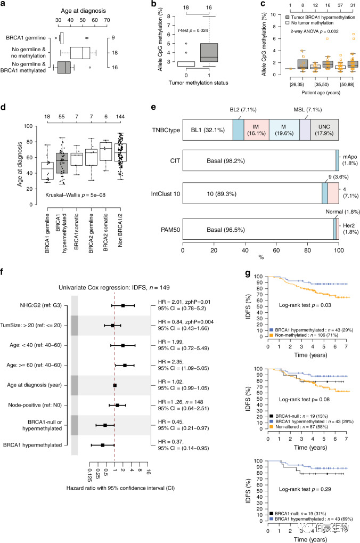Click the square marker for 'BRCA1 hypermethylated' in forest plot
[102, 444]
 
